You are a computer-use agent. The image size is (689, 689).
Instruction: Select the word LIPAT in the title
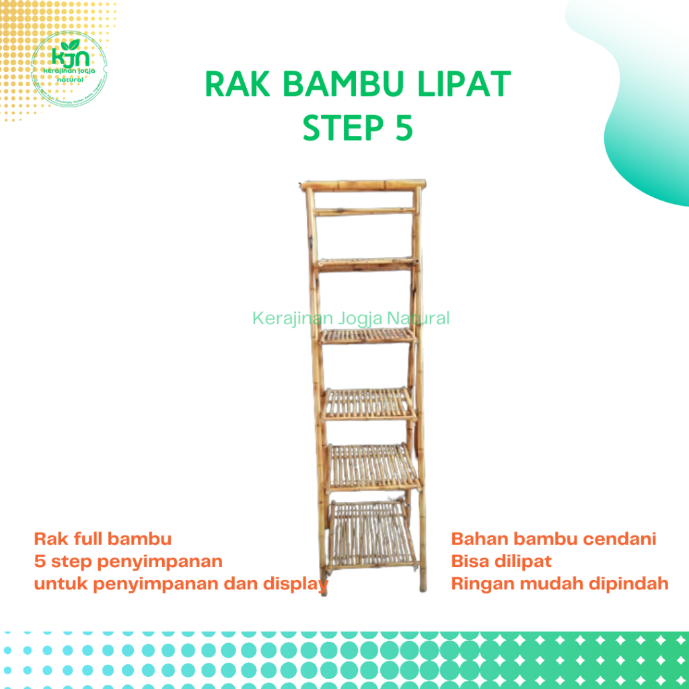tap(465, 86)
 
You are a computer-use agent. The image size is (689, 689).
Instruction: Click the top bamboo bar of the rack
tap(364, 184)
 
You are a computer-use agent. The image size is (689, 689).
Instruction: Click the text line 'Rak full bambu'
tap(102, 539)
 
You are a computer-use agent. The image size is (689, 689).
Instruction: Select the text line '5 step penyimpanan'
tap(128, 560)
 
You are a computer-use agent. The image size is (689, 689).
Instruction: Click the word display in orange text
tap(295, 583)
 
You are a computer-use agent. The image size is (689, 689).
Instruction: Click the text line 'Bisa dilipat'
tap(501, 560)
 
